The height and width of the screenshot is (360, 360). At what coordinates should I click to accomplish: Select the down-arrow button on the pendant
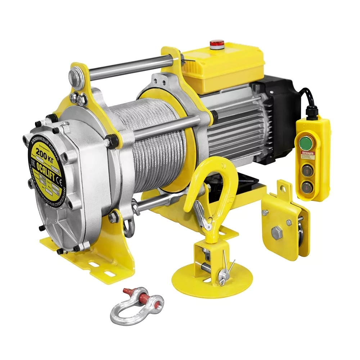pyautogui.click(x=307, y=186)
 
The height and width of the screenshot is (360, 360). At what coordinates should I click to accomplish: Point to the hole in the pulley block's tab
pyautogui.click(x=283, y=188)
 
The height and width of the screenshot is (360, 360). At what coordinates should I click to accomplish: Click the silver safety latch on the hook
pyautogui.click(x=202, y=216)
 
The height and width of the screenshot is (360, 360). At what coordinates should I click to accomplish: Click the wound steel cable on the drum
pyautogui.click(x=151, y=144)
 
